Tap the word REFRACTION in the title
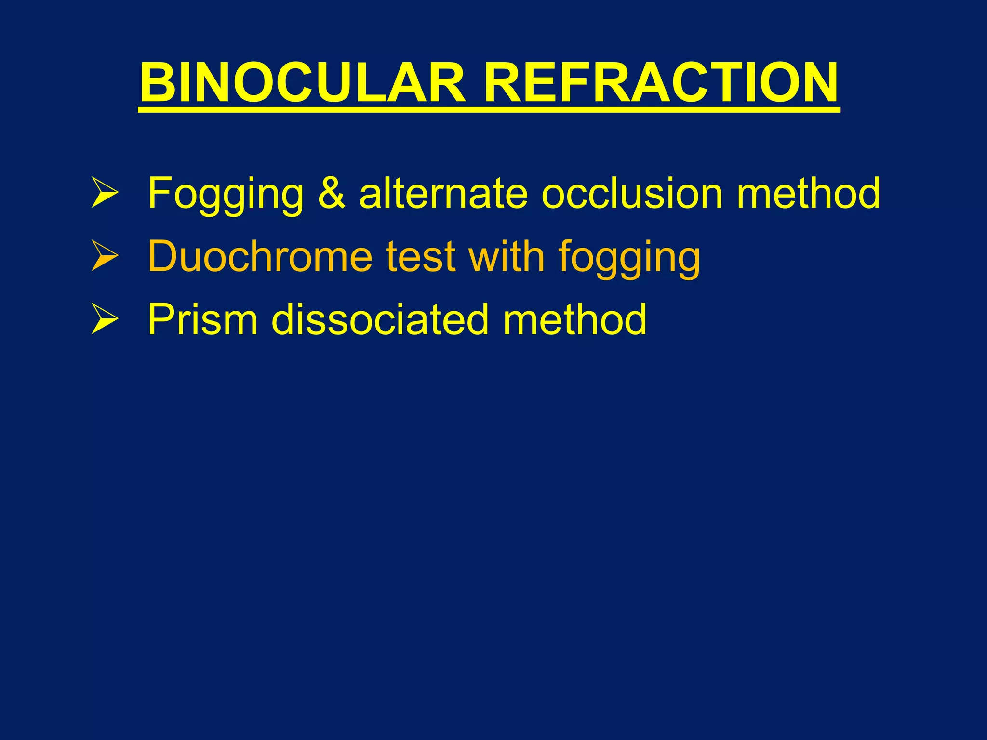point(661,83)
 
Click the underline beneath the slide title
point(489,110)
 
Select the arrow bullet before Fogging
point(105,193)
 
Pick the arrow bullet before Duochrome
point(105,256)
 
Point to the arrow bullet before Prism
point(105,319)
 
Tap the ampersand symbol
point(332,193)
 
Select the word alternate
point(444,193)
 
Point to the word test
point(421,257)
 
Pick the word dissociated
point(380,319)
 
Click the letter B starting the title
point(157,83)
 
